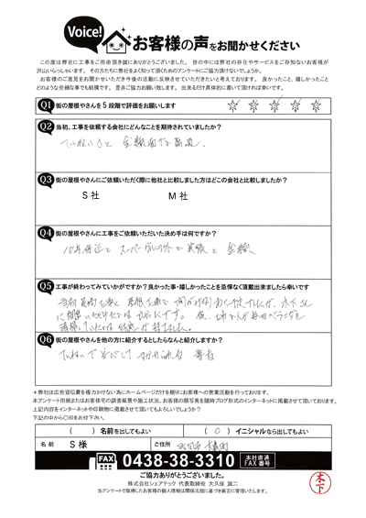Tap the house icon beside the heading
[x=116, y=39]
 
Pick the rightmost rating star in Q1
[x=316, y=105]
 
